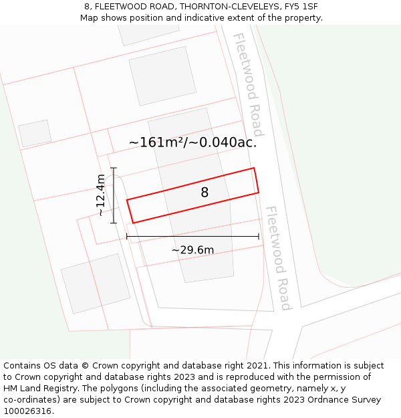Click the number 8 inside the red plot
[x=205, y=193]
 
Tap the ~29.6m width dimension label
[x=192, y=250]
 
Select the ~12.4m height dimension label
[x=100, y=195]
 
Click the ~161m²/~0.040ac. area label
[x=192, y=142]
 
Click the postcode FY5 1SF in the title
[x=302, y=7]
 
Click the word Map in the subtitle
[x=90, y=18]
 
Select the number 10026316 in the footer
[x=28, y=411]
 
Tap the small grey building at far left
[x=35, y=133]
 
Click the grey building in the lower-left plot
[x=96, y=283]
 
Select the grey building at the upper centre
[x=158, y=75]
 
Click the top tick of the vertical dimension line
[x=114, y=168]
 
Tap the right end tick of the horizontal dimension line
[x=259, y=236]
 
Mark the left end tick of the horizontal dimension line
[x=127, y=236]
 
